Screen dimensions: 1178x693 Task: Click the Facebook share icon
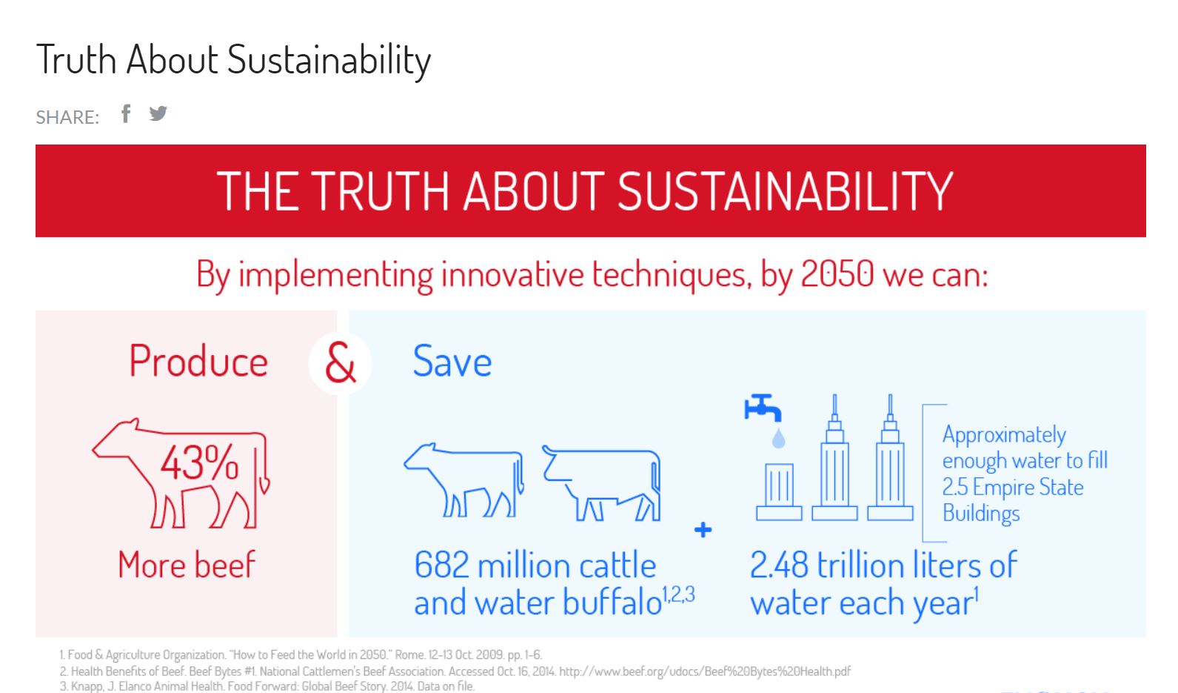click(x=126, y=113)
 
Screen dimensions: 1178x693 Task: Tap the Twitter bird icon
click(x=158, y=113)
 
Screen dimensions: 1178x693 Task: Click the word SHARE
click(x=67, y=117)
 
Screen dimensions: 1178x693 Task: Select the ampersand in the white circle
click(x=341, y=363)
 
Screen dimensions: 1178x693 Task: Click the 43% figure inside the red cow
click(x=199, y=463)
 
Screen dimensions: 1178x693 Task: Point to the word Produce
click(x=198, y=362)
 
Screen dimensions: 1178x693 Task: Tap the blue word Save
click(x=452, y=362)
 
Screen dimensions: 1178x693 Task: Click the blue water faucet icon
click(x=763, y=408)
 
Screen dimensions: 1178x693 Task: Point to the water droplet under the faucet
click(x=779, y=438)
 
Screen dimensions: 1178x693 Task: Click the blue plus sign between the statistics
click(x=703, y=530)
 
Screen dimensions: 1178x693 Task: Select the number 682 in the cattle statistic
click(x=441, y=566)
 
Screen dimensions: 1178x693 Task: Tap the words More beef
click(x=187, y=565)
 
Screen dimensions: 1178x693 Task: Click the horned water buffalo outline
click(x=602, y=483)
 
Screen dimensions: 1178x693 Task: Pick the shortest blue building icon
click(x=779, y=492)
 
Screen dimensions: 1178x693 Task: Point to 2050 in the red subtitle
click(x=837, y=274)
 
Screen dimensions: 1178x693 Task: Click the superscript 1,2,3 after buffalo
click(x=678, y=594)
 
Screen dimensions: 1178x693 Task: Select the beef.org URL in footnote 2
click(x=705, y=672)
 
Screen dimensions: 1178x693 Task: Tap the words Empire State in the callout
click(x=1028, y=487)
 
